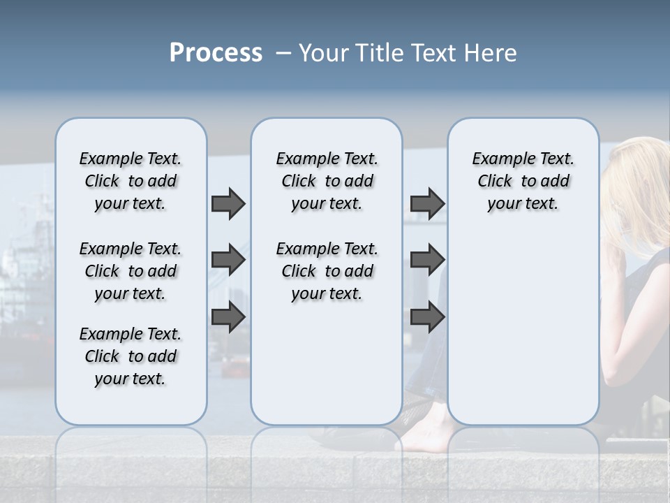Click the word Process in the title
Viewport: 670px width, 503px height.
(x=216, y=53)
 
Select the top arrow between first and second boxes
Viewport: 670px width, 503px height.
(x=228, y=203)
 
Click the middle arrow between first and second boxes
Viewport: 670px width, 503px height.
(x=228, y=260)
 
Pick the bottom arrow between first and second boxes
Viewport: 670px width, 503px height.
(x=228, y=317)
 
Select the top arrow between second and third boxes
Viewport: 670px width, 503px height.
(x=427, y=203)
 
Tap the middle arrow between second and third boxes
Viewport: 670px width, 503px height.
(x=427, y=260)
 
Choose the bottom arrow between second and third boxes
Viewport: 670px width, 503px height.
(x=427, y=317)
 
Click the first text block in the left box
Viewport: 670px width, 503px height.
(x=131, y=181)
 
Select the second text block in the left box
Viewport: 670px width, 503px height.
(x=131, y=271)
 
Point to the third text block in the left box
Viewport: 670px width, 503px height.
(x=131, y=356)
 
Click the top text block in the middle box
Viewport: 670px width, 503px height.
(x=327, y=181)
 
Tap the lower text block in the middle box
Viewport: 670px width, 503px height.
(x=327, y=271)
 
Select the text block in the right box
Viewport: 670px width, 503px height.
(x=523, y=181)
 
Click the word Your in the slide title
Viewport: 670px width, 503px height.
(x=323, y=53)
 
